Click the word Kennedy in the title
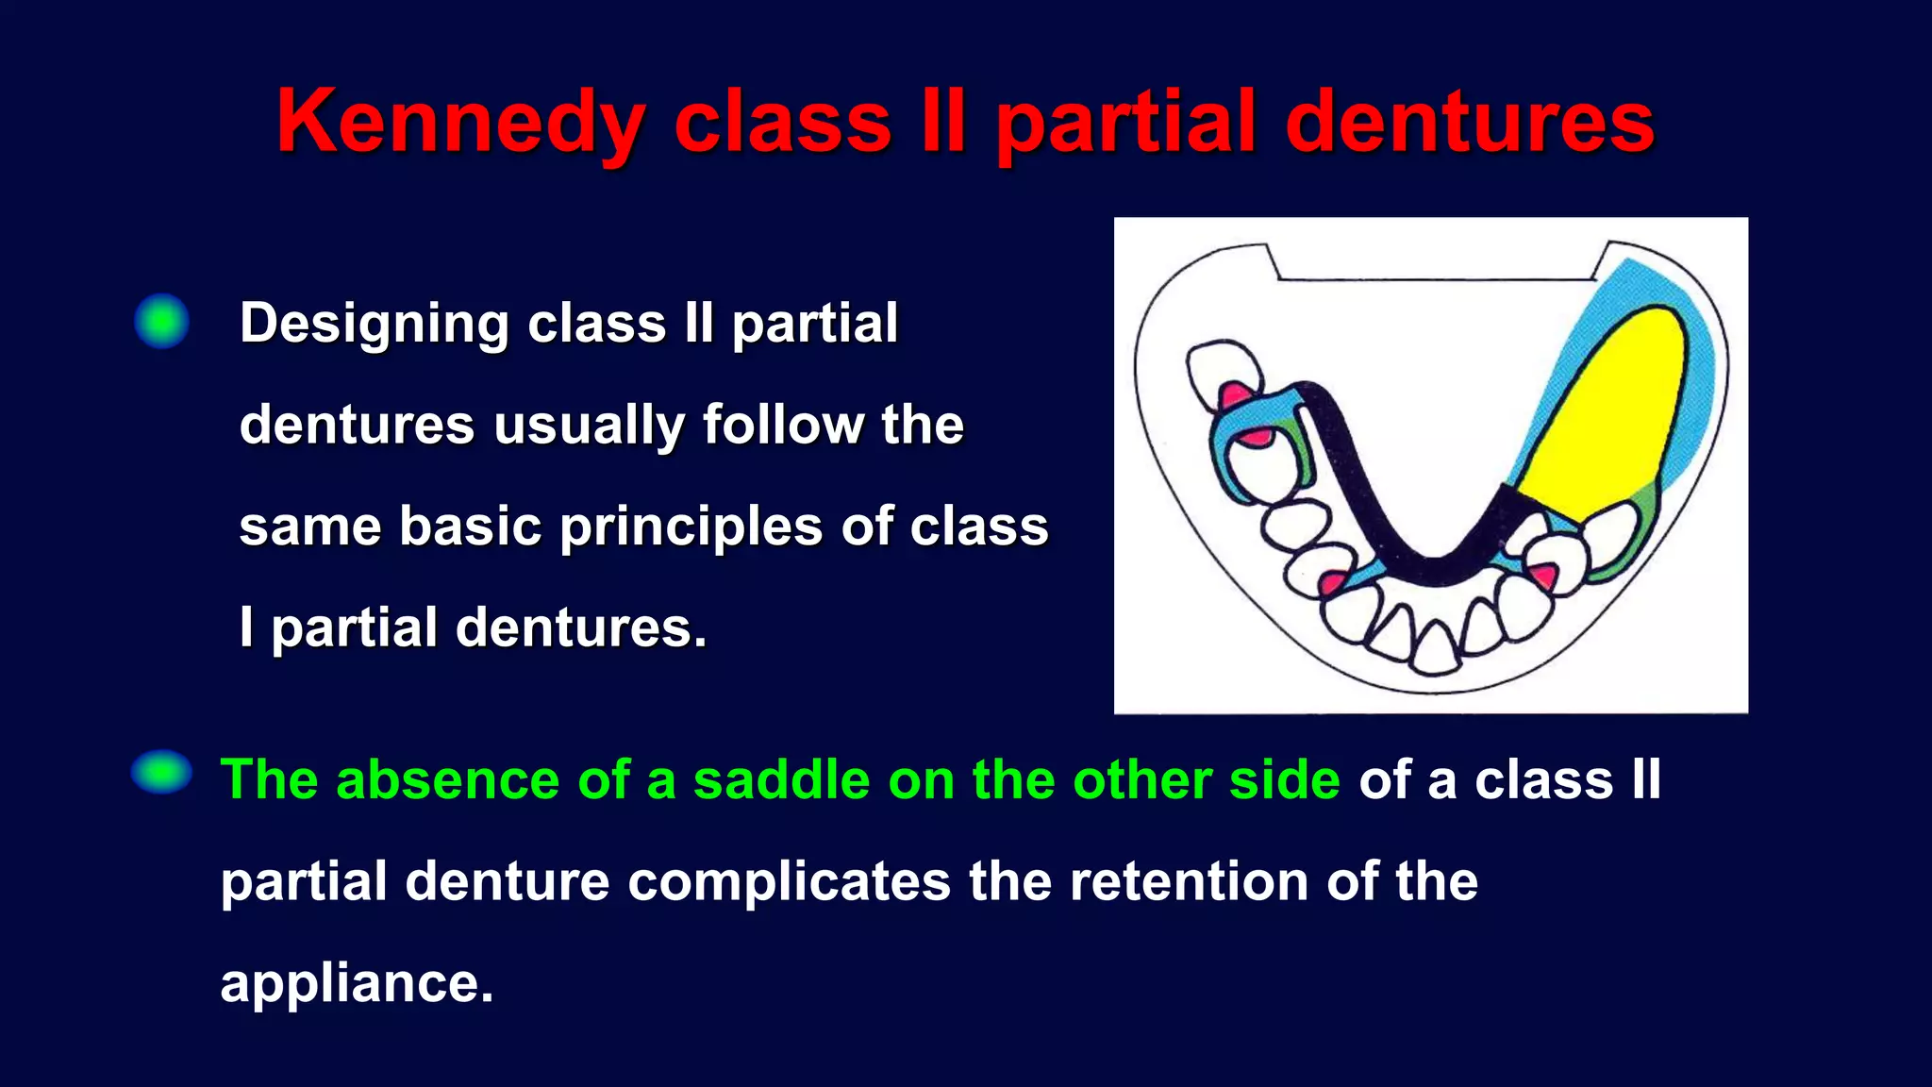(459, 123)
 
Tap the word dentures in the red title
(1469, 123)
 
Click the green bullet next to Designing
(161, 321)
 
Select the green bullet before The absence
(161, 772)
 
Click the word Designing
(374, 324)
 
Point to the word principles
(691, 527)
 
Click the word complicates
(789, 881)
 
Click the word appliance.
(357, 983)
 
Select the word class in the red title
(782, 123)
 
